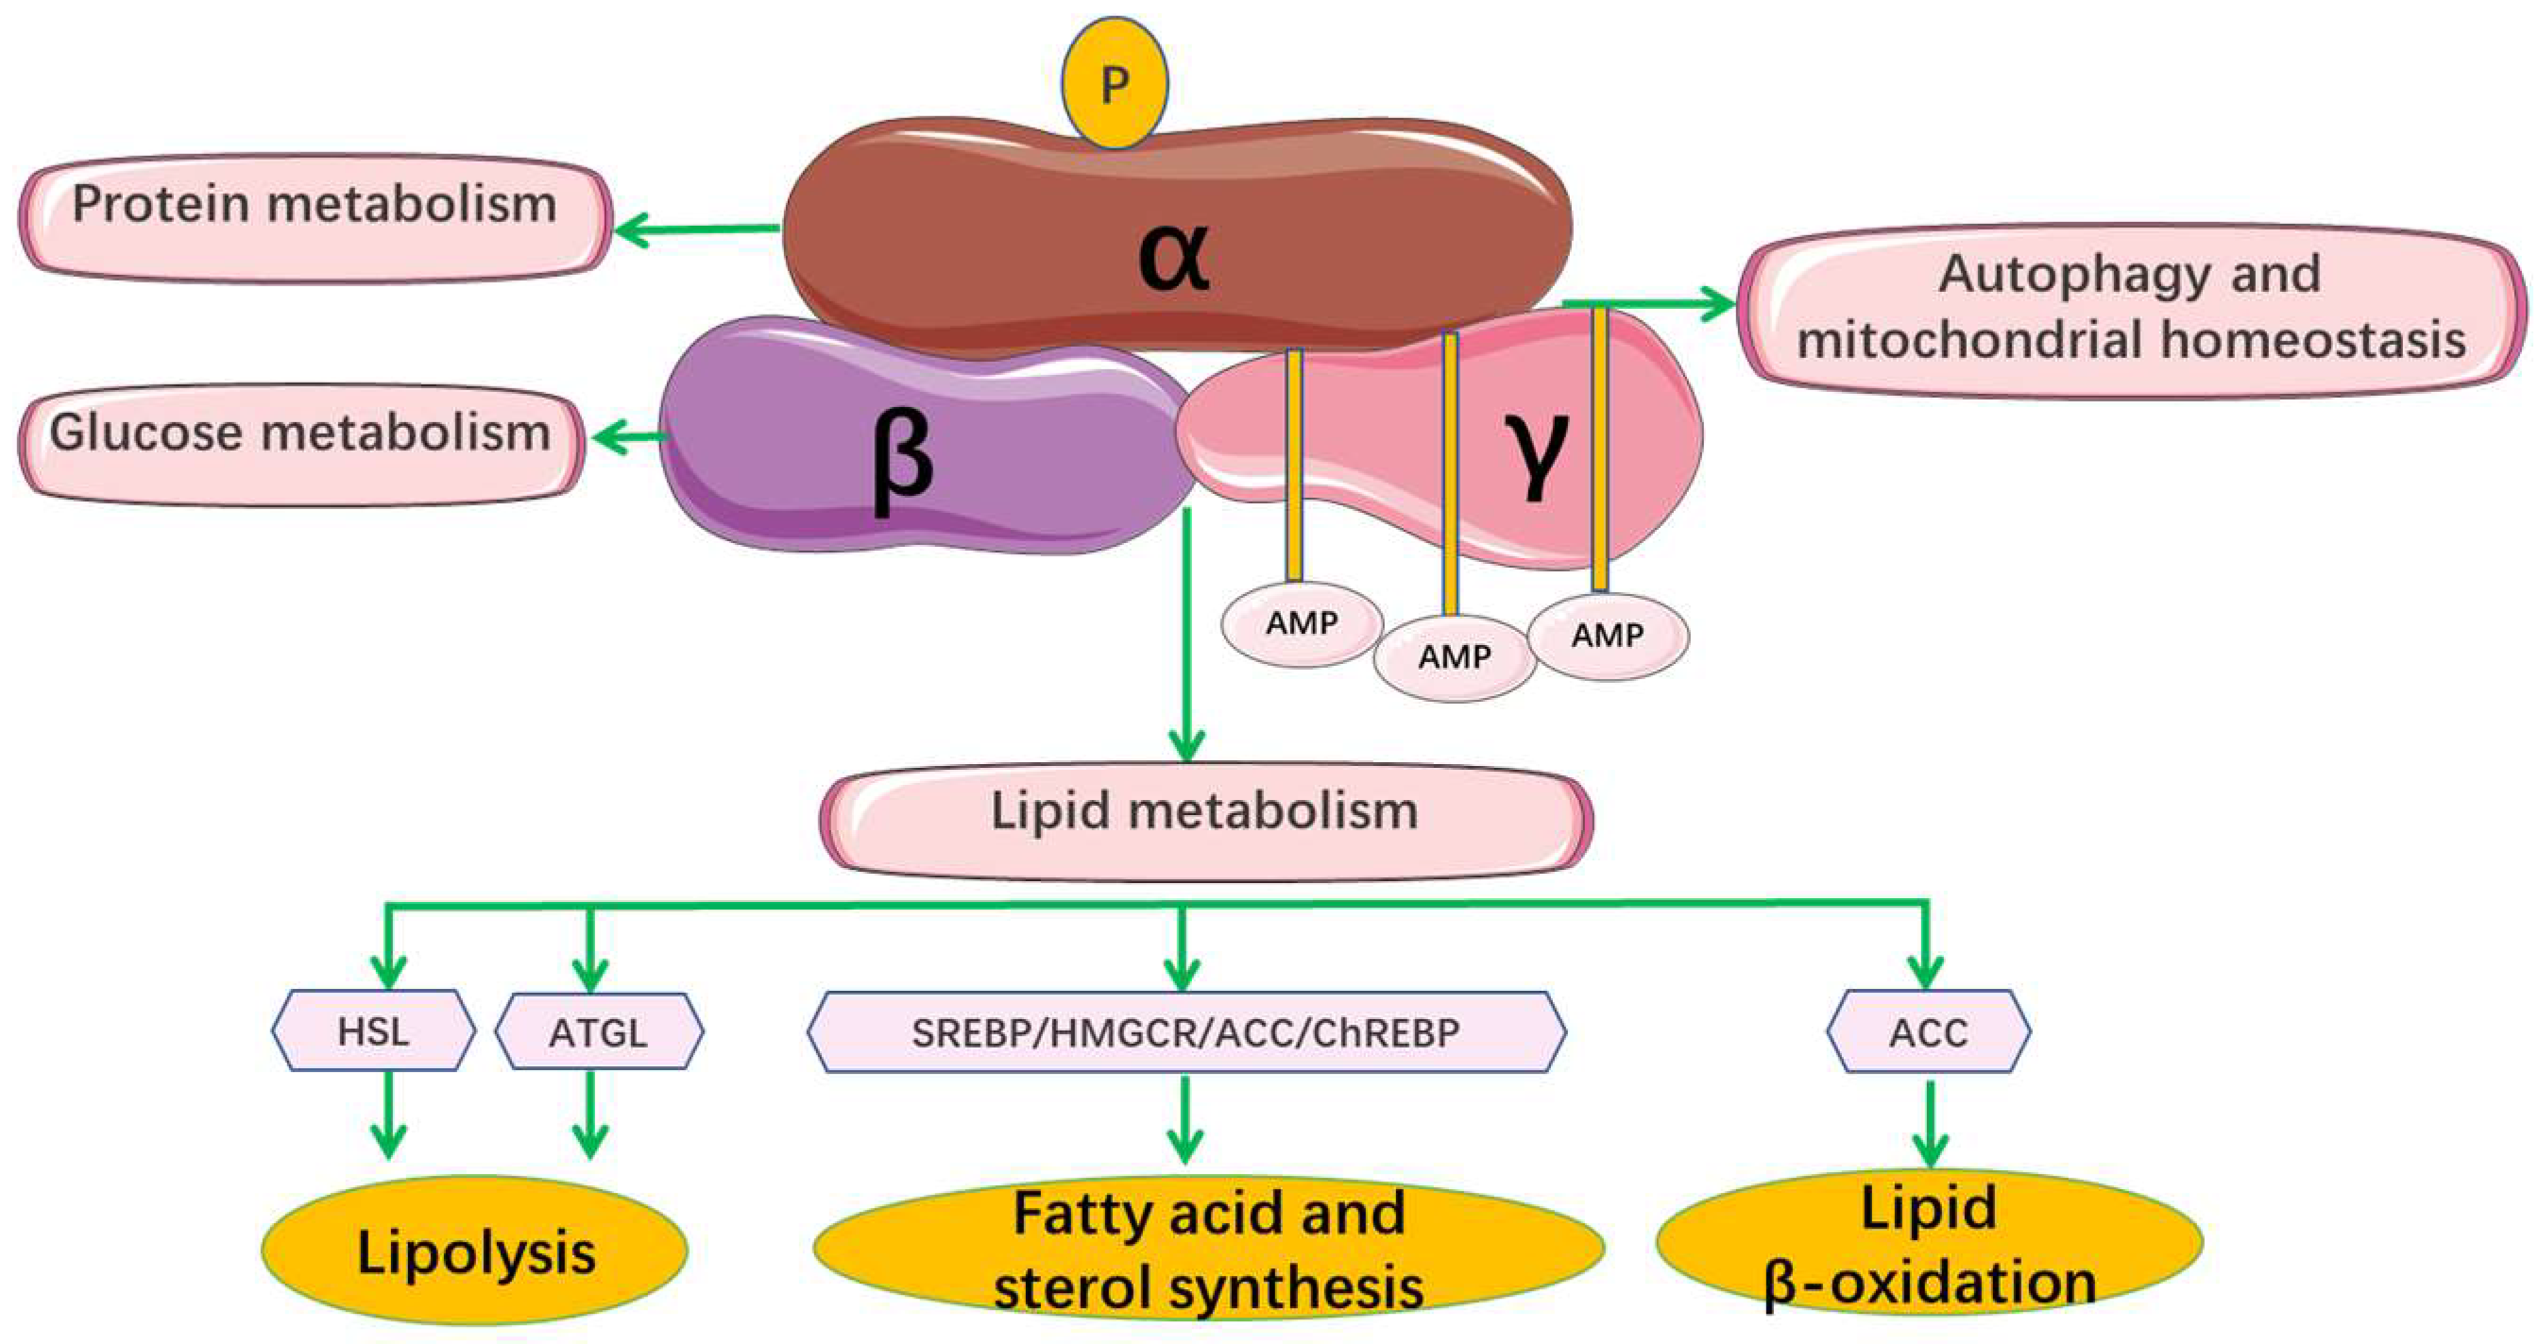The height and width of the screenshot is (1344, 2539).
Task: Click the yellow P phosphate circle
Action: [x=1114, y=83]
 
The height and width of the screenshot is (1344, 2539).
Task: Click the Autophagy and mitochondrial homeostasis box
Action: [x=2131, y=310]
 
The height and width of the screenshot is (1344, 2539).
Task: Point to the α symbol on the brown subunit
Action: [x=1173, y=256]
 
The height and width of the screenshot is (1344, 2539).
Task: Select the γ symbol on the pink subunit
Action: [x=1536, y=453]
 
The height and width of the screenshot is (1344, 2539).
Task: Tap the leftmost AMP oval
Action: [x=1302, y=623]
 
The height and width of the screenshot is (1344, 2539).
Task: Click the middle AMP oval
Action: [x=1455, y=657]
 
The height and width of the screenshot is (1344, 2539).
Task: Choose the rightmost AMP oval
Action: [x=1608, y=637]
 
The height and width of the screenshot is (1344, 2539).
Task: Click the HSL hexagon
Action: [x=373, y=1030]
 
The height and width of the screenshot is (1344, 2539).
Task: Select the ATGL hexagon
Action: [x=599, y=1031]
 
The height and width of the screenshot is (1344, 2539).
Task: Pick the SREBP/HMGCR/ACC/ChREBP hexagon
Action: [x=1185, y=1031]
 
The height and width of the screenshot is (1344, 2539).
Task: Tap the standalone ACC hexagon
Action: [x=1929, y=1031]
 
